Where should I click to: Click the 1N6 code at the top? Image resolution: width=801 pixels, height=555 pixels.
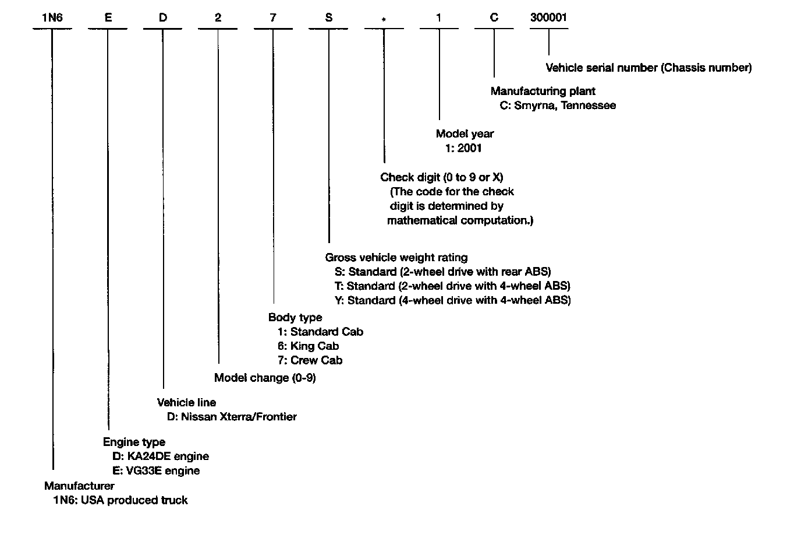tap(52, 17)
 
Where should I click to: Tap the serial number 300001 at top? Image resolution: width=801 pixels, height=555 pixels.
tap(548, 17)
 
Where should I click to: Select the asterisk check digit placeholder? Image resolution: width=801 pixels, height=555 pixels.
tap(384, 20)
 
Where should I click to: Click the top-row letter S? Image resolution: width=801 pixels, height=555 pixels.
tap(329, 17)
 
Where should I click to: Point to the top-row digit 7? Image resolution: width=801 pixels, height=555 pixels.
tap(273, 17)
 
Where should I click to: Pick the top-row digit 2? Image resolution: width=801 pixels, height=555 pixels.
tap(218, 17)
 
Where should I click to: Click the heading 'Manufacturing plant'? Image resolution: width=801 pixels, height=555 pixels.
tap(543, 91)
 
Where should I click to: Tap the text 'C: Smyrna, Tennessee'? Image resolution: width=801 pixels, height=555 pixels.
tap(558, 106)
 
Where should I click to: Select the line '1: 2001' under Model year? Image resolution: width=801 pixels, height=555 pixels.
tap(463, 148)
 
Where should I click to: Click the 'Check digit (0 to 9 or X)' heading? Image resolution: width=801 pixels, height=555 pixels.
tap(441, 177)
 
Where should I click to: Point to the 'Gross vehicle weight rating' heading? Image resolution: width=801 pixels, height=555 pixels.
tap(396, 257)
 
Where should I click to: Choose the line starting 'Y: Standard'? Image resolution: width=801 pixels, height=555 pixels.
tap(453, 300)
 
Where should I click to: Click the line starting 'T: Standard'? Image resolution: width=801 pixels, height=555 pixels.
tap(452, 286)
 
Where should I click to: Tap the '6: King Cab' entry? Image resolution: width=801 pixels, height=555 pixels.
tap(308, 346)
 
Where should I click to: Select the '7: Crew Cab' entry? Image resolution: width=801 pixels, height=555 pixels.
tap(310, 360)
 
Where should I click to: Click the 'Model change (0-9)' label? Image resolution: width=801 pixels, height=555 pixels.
tap(265, 378)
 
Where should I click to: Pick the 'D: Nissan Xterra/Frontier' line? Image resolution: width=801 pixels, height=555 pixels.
tap(232, 417)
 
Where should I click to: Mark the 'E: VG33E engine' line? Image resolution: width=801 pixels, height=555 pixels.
tap(156, 470)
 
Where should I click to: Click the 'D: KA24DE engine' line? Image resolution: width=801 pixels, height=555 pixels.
tap(161, 456)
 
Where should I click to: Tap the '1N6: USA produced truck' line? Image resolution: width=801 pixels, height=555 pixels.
tap(120, 500)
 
